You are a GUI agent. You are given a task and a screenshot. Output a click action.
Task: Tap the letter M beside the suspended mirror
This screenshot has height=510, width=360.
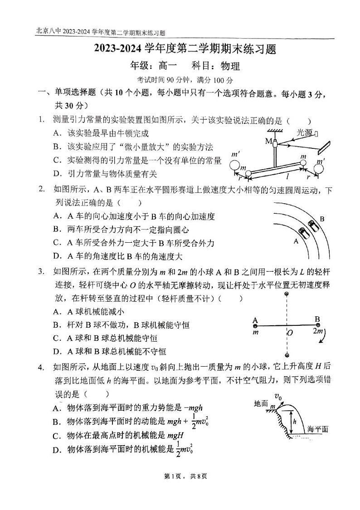(268, 141)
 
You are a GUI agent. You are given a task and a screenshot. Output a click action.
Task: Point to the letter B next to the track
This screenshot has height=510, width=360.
(322, 219)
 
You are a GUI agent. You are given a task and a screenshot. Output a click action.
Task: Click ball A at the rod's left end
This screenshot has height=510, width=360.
(255, 325)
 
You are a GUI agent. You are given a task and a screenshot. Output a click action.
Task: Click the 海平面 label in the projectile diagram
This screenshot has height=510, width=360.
(317, 429)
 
